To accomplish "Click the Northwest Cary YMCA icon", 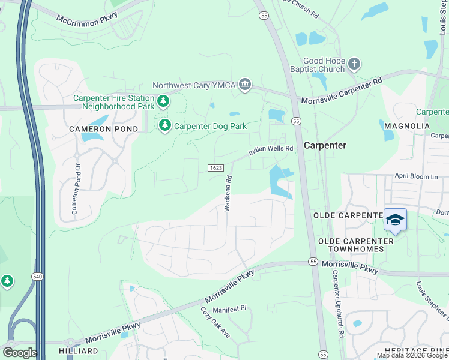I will (x=244, y=85).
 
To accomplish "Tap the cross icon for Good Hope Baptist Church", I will (x=355, y=64).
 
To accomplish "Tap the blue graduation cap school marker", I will (x=395, y=220).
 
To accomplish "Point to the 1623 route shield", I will (x=217, y=168).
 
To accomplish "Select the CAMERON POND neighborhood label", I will (x=103, y=129).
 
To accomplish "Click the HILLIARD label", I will (x=79, y=350).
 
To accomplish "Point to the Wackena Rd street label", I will (x=228, y=193).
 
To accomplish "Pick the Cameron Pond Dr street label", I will (x=76, y=190).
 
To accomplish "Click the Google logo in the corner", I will (x=20, y=353).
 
